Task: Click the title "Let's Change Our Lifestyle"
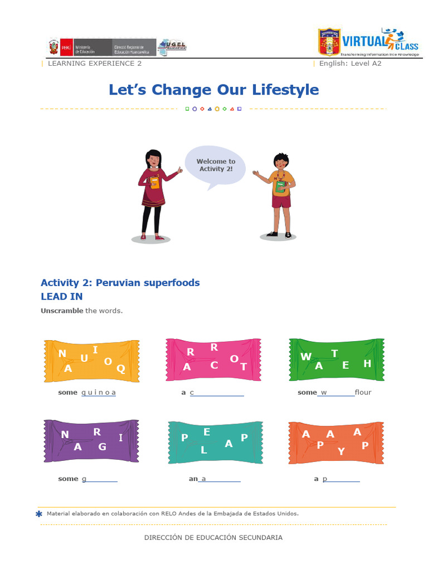[x=213, y=90]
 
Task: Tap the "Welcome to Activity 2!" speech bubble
[x=215, y=165]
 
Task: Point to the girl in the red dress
[x=153, y=192]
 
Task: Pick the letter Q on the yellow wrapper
[x=121, y=368]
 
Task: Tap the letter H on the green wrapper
[x=367, y=363]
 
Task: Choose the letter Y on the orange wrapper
[x=341, y=451]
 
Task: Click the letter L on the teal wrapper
[x=204, y=451]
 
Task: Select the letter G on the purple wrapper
[x=102, y=446]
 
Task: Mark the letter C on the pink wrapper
[x=214, y=365]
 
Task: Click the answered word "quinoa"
[x=99, y=392]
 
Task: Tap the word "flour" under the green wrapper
[x=363, y=392]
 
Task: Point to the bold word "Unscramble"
[x=62, y=311]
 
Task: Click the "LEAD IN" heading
[x=62, y=297]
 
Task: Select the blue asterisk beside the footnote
[x=38, y=514]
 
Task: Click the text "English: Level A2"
[x=350, y=63]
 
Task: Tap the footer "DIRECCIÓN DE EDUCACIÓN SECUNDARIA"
[x=213, y=538]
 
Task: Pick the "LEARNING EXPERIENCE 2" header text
[x=95, y=63]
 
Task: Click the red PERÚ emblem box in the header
[x=66, y=47]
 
